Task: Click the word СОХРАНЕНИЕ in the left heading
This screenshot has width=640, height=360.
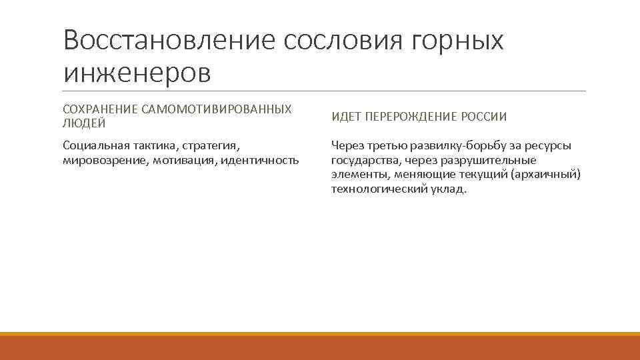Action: click(99, 108)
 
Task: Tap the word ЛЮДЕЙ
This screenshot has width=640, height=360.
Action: click(84, 123)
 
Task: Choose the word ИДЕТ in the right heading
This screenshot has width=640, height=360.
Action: click(345, 117)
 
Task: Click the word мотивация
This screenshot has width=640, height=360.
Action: click(182, 161)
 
